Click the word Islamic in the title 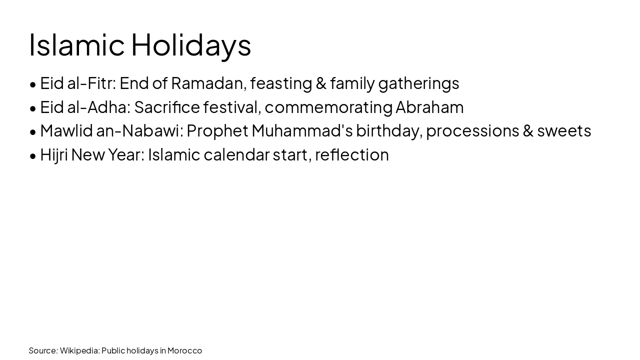[76, 44]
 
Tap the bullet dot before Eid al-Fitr [33, 84]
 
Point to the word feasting [280, 83]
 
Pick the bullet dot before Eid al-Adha [33, 108]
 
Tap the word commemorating [328, 107]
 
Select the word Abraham [429, 107]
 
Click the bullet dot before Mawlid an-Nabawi [33, 131]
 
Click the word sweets [564, 130]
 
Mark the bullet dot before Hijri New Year [33, 156]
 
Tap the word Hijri [54, 155]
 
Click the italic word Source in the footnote [43, 350]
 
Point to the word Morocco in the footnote [184, 350]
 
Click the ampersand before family [321, 83]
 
